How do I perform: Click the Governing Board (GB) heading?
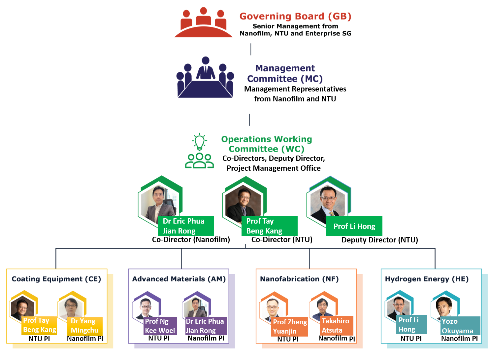point(295,16)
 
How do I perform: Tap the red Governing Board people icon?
point(203,23)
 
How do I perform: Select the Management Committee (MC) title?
point(285,73)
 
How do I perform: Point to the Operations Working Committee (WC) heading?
point(266,144)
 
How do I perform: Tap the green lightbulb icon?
point(200,142)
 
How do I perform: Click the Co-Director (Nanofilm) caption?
point(191,239)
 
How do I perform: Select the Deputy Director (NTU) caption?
point(379,240)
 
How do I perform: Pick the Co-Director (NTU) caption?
point(282,239)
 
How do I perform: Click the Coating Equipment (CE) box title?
point(56,279)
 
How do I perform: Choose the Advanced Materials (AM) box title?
point(179,279)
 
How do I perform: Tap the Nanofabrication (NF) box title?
point(299,279)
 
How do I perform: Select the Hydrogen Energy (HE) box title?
point(427,279)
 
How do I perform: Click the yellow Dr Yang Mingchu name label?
point(84,326)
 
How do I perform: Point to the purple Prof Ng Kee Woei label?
point(160,326)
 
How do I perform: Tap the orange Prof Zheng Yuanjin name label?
point(290,327)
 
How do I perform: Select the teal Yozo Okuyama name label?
point(460,326)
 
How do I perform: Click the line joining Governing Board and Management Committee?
point(251,49)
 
